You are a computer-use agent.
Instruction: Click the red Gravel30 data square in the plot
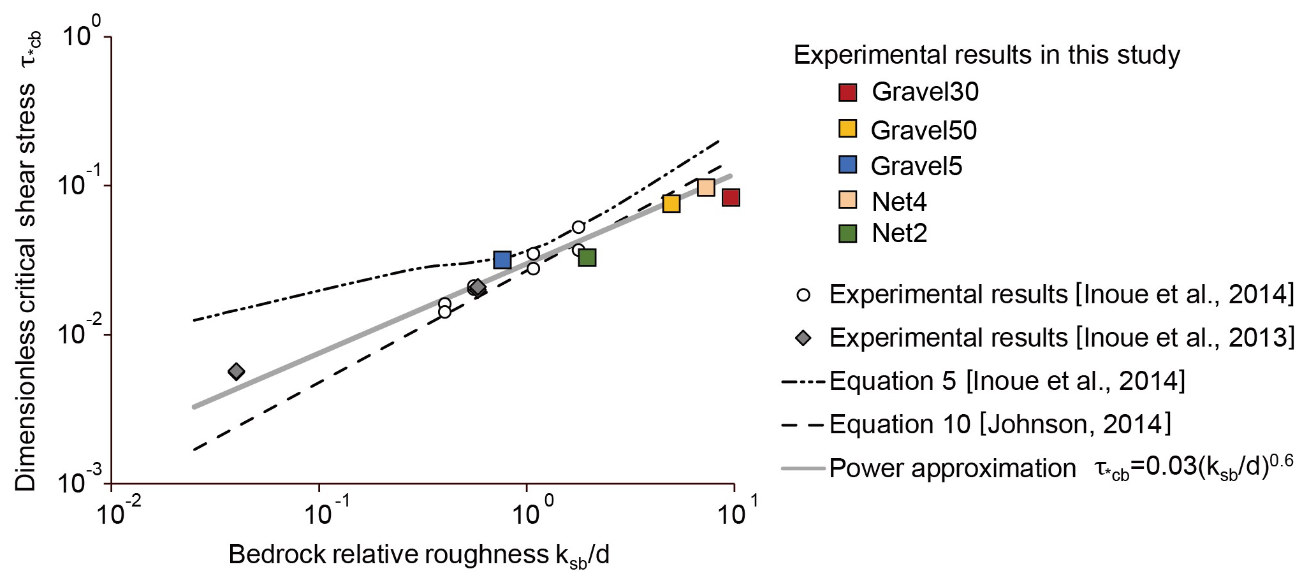click(731, 198)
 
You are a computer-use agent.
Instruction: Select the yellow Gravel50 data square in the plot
click(671, 204)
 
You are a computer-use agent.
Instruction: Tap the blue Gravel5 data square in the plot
click(502, 260)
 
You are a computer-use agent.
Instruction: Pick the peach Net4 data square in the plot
click(706, 187)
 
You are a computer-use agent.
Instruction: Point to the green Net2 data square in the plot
click(587, 257)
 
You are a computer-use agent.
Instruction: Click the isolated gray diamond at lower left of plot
click(236, 371)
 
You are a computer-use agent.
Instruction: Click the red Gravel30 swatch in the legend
click(847, 92)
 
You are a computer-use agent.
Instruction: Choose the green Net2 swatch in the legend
click(847, 234)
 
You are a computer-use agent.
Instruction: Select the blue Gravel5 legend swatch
click(847, 165)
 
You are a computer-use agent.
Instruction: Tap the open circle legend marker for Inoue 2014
click(803, 295)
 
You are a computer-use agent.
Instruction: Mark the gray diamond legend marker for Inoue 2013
click(803, 338)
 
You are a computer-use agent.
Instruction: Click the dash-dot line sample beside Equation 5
click(803, 382)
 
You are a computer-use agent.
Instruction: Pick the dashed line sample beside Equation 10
click(803, 424)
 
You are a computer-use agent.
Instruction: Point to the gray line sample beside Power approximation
click(803, 469)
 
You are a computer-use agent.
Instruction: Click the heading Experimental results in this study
click(986, 55)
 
